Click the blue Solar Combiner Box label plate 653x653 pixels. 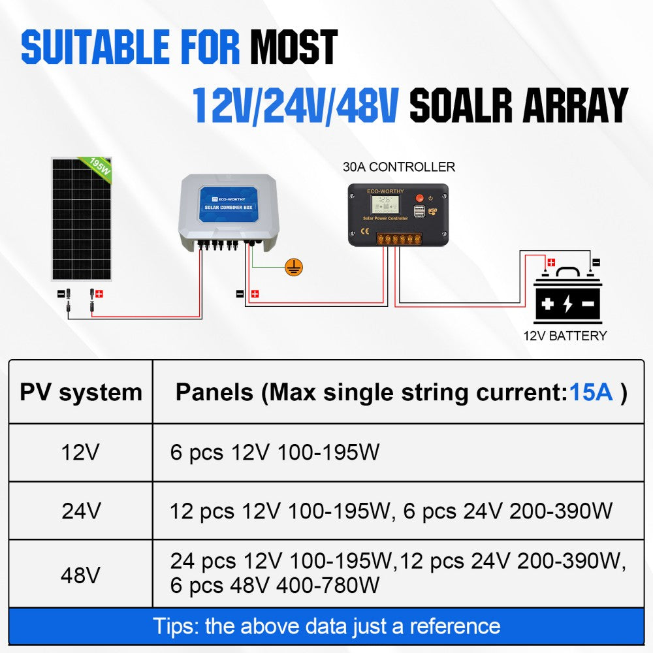point(228,204)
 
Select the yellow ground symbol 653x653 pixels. point(294,267)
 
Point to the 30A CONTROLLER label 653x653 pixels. point(398,167)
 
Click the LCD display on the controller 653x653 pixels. point(385,204)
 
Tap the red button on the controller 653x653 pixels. point(420,199)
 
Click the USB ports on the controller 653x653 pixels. point(419,211)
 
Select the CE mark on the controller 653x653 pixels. point(365,232)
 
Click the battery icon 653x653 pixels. point(567,296)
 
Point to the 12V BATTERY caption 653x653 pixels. point(565,336)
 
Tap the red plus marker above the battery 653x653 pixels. point(551,263)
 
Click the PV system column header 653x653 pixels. point(81,392)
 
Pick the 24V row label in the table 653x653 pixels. point(81,511)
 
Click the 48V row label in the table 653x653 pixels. point(80,575)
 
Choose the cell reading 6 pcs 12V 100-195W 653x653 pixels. point(275,453)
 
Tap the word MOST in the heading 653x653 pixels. point(294,46)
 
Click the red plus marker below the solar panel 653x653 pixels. point(99,294)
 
